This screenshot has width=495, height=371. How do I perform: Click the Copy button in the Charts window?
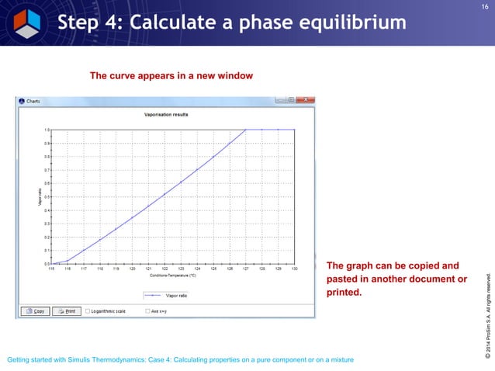(36, 311)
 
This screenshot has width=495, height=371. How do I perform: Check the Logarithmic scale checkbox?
(88, 311)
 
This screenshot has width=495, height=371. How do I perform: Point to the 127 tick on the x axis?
(246, 269)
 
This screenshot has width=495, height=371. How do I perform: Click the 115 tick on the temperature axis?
(51, 269)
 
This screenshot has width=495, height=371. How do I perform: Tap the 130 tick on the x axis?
(295, 269)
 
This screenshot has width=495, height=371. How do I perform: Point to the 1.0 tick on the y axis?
(47, 130)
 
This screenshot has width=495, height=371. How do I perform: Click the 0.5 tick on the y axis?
(47, 196)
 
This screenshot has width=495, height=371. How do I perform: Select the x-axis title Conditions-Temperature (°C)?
(172, 275)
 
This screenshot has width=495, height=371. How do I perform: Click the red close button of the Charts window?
(307, 100)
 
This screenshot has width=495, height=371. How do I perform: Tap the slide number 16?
(484, 7)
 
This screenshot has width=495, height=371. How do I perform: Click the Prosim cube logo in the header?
(24, 20)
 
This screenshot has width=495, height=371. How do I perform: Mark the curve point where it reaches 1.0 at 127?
(246, 130)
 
